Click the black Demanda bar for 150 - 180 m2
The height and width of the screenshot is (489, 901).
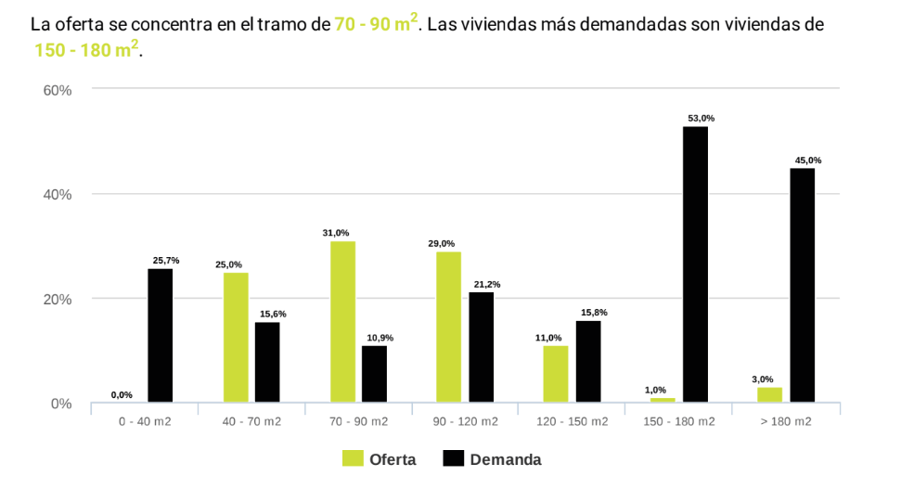pyautogui.click(x=695, y=264)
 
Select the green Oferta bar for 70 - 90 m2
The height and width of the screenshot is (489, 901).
pyautogui.click(x=342, y=322)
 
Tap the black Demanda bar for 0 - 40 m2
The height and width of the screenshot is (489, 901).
pyautogui.click(x=160, y=336)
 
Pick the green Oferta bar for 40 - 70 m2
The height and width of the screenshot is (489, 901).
pyautogui.click(x=236, y=338)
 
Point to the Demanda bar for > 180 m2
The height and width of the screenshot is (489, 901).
pyautogui.click(x=802, y=286)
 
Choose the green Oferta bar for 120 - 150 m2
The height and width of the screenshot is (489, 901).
pyautogui.click(x=556, y=374)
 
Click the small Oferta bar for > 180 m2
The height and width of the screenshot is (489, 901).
pyautogui.click(x=769, y=395)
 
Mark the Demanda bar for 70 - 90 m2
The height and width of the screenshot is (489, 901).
pyautogui.click(x=374, y=374)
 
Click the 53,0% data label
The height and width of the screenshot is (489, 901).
pyautogui.click(x=701, y=119)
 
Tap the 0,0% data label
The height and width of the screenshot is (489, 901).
pyautogui.click(x=122, y=395)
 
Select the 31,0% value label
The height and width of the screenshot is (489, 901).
pyautogui.click(x=336, y=233)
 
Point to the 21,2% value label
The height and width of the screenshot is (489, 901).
pyautogui.click(x=486, y=284)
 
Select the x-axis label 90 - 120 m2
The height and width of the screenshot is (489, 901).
pyautogui.click(x=465, y=422)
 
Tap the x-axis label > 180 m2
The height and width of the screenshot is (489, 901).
pyautogui.click(x=785, y=422)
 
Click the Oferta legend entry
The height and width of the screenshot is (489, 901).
pyautogui.click(x=380, y=459)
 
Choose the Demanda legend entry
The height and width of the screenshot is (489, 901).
pyautogui.click(x=492, y=459)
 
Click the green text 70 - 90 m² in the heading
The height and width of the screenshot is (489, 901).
pyautogui.click(x=376, y=23)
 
